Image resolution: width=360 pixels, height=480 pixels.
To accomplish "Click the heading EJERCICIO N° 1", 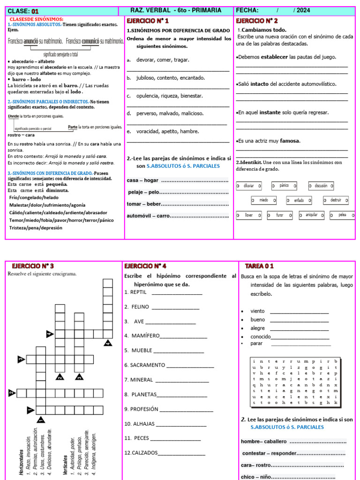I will pyautogui.click(x=148, y=21).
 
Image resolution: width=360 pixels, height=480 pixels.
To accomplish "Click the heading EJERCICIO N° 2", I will pyautogui.click(x=256, y=21).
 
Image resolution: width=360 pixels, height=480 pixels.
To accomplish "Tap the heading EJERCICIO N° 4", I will pyautogui.click(x=145, y=266).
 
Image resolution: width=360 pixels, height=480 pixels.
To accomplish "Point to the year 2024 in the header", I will pyautogui.click(x=303, y=11).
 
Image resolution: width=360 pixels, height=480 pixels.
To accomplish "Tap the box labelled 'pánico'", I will pyautogui.click(x=284, y=186).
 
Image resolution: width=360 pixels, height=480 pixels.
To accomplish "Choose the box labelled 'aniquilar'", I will pyautogui.click(x=311, y=215).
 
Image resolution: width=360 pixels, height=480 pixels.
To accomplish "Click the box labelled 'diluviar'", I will pyautogui.click(x=249, y=186).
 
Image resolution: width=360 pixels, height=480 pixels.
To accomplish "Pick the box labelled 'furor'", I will pyautogui.click(x=280, y=216).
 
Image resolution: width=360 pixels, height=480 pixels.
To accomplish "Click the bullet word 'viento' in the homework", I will pyautogui.click(x=257, y=311).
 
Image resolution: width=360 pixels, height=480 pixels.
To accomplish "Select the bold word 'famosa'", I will pyautogui.click(x=290, y=141).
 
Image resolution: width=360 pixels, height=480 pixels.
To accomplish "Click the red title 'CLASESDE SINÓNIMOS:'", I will pyautogui.click(x=37, y=19).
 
